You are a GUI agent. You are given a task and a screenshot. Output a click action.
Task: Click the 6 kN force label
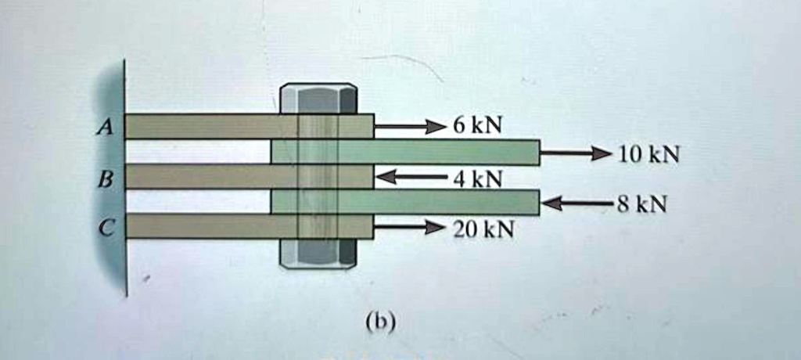pos(477,126)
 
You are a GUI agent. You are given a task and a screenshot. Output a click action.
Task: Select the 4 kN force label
pos(477,179)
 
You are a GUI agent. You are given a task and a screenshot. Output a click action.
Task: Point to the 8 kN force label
pos(641,204)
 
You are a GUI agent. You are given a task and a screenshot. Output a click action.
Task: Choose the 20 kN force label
pos(483,231)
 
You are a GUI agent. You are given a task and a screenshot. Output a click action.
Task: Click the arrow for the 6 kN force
pos(410,126)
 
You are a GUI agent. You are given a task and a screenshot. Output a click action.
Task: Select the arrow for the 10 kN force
pos(575,153)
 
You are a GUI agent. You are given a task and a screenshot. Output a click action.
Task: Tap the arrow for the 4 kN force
pos(411,177)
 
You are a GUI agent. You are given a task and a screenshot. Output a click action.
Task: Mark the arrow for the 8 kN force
pos(577,203)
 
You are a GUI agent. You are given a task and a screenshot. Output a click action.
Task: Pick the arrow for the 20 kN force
pos(410,227)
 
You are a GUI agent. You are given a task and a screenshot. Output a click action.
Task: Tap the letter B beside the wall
pos(106,178)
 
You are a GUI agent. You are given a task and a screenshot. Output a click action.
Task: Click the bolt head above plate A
pos(319,98)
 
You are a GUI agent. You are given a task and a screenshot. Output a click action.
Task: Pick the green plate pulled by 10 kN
pos(405,152)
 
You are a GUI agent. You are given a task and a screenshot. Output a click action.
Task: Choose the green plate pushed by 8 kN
pos(405,202)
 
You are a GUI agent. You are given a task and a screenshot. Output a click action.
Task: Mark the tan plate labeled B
pos(250,176)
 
